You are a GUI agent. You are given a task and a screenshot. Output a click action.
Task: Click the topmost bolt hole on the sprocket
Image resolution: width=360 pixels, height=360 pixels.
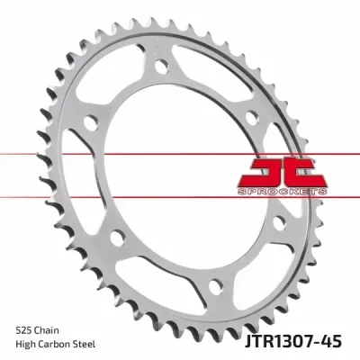[162, 66]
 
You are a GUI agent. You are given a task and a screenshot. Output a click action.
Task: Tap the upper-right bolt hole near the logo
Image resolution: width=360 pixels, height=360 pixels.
[251, 117]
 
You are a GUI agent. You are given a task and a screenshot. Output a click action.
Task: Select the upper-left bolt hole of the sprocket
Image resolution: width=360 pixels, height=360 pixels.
[91, 123]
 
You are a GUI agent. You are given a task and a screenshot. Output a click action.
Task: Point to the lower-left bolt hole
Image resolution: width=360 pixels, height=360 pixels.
[117, 238]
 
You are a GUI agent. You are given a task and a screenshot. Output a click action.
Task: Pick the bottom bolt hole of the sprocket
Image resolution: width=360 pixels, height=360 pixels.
[216, 287]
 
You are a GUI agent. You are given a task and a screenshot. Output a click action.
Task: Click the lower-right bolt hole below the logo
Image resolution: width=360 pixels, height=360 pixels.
[280, 223]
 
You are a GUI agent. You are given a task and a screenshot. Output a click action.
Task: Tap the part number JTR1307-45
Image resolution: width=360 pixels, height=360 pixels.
[292, 341]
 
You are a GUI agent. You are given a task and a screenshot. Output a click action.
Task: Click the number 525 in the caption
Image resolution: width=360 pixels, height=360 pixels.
[24, 330]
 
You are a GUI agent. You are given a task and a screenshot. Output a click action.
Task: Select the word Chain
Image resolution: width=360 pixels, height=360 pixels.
[47, 330]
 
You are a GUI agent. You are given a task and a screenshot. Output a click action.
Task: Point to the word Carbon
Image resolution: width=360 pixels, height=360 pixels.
[58, 344]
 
